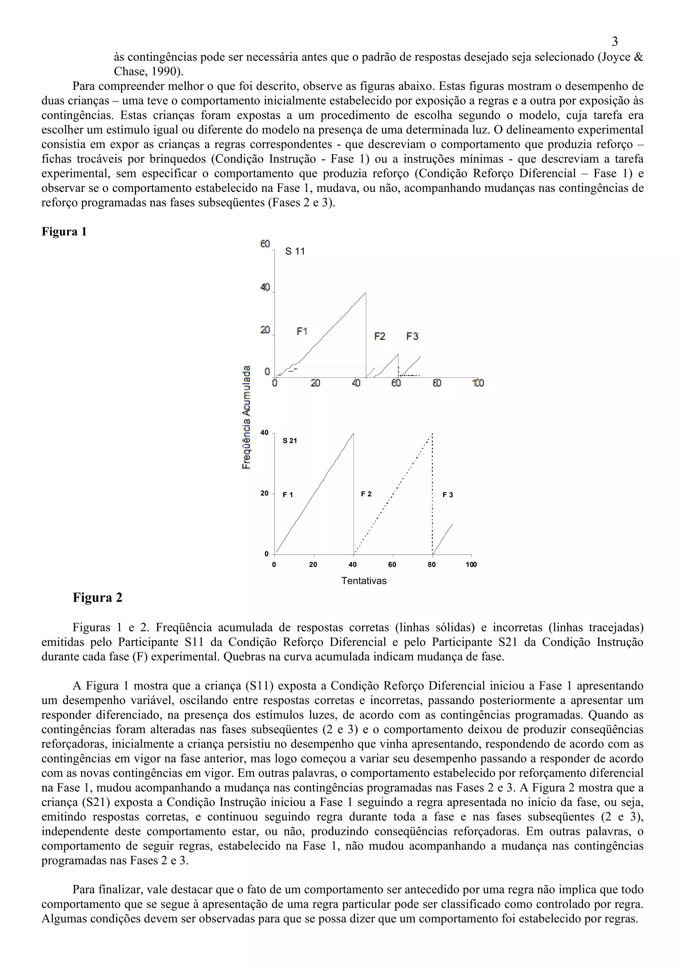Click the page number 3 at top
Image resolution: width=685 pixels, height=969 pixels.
614,42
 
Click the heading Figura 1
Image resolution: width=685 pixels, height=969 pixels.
64,232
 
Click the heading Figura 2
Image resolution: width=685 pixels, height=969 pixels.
97,598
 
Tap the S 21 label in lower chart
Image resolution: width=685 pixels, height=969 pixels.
290,441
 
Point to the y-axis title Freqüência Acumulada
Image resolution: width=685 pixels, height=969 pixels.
246,417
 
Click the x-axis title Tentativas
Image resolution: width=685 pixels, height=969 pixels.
364,581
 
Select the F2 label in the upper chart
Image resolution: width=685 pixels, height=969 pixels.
380,336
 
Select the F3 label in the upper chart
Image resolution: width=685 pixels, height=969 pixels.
412,336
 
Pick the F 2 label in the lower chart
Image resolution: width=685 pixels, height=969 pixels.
366,494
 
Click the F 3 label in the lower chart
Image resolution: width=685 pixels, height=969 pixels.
448,495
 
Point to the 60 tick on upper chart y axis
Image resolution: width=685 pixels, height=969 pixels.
265,244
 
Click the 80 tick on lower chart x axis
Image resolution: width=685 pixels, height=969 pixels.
431,565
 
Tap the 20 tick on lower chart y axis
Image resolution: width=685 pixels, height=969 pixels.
265,493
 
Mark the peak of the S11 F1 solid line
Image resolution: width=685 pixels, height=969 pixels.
366,292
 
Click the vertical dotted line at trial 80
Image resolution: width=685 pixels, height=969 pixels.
432,494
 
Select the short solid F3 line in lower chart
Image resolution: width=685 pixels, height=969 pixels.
443,539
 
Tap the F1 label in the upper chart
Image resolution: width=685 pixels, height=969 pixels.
302,332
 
